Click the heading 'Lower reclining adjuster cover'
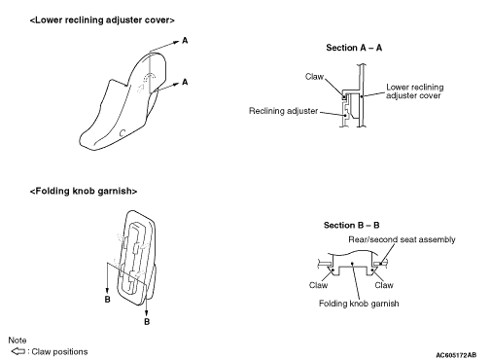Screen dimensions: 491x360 click(x=102, y=20)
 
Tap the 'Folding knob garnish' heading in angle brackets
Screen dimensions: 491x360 click(x=84, y=191)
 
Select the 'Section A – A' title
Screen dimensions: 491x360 click(x=354, y=48)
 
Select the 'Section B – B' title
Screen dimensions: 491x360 click(x=351, y=225)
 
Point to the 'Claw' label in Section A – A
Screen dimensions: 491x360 click(x=314, y=77)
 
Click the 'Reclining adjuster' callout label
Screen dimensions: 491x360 click(x=283, y=111)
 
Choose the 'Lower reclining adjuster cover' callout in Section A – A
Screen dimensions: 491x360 click(x=415, y=91)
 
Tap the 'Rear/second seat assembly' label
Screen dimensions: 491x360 click(x=402, y=239)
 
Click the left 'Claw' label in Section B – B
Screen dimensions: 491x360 click(x=318, y=285)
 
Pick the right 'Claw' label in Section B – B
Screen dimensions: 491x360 click(x=384, y=285)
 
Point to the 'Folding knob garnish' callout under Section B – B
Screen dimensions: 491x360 click(x=359, y=304)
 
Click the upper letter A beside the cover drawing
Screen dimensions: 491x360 click(x=185, y=41)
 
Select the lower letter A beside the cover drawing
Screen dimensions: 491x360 click(x=185, y=82)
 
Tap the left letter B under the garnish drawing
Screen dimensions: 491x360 click(x=108, y=300)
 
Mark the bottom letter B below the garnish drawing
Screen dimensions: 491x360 click(x=147, y=322)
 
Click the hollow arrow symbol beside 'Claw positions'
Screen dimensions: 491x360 click(x=18, y=351)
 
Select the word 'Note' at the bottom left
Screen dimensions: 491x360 click(x=18, y=341)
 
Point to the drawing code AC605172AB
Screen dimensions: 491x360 click(x=456, y=355)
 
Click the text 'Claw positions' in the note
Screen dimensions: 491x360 click(x=59, y=352)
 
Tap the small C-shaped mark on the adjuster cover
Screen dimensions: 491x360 click(x=123, y=133)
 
